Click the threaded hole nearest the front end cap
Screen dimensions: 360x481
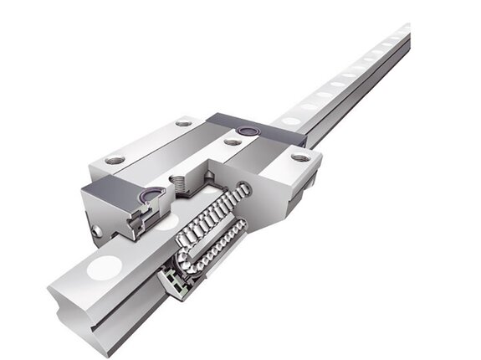coord(115,159)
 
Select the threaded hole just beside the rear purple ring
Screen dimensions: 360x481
coord(233,141)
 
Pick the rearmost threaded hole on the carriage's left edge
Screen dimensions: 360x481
coord(184,123)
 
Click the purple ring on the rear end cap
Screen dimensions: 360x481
coord(247,131)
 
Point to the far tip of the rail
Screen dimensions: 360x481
coord(405,31)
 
